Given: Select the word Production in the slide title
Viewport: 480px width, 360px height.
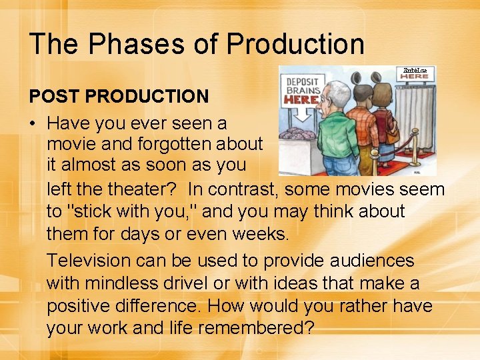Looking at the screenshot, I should coord(295,44).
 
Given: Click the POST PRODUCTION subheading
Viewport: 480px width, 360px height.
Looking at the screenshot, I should coord(119,96).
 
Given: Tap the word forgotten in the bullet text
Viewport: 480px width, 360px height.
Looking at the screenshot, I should coord(175,145).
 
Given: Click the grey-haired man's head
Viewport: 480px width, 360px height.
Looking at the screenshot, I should coord(329,91).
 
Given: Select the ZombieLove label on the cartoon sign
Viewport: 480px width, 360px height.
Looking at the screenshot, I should coord(415,70).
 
